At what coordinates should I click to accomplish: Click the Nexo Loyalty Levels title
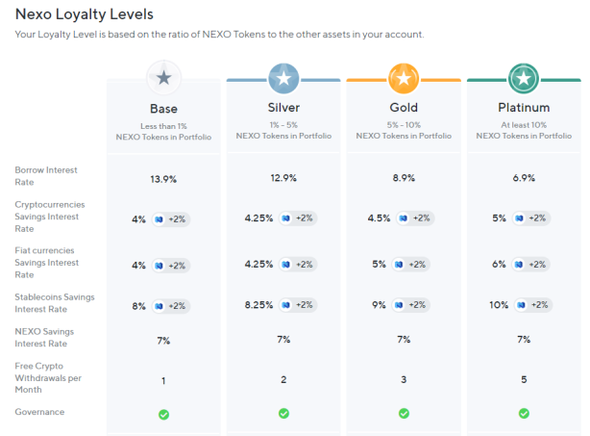85,14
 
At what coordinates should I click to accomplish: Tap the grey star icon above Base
163,78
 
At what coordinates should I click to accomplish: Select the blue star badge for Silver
283,78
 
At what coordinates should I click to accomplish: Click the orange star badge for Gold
404,78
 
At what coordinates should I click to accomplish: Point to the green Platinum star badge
524,78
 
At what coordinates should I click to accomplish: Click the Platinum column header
524,108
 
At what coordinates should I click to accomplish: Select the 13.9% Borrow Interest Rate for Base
163,179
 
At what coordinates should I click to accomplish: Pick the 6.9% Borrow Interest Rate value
524,178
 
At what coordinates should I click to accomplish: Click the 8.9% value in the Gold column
404,178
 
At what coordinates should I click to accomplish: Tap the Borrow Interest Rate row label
46,176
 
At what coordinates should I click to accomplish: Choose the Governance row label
39,412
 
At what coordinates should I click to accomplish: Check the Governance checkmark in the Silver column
283,414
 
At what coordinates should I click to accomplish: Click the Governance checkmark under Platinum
524,414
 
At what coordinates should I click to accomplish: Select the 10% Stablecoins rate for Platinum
499,305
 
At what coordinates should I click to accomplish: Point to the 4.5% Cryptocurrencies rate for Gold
379,218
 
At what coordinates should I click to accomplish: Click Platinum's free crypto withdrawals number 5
524,379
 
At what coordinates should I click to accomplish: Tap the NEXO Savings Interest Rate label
44,338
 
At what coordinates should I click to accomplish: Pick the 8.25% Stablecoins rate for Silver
258,305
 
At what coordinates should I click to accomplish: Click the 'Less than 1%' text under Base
163,126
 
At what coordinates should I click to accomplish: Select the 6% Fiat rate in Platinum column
499,265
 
